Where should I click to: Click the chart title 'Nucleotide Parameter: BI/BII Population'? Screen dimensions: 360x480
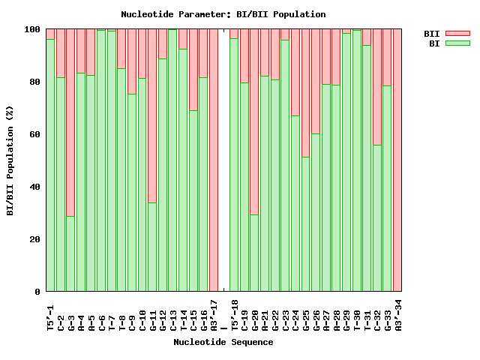(x=223, y=14)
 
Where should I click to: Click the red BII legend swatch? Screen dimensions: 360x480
(x=457, y=34)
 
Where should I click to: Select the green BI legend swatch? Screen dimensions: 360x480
(x=457, y=43)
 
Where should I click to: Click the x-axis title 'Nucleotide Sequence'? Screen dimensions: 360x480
(x=223, y=342)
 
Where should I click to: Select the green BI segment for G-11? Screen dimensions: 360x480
(x=152, y=247)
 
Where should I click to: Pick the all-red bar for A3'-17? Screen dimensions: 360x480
(x=214, y=160)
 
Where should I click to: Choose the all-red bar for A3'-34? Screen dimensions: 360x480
(x=397, y=160)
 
